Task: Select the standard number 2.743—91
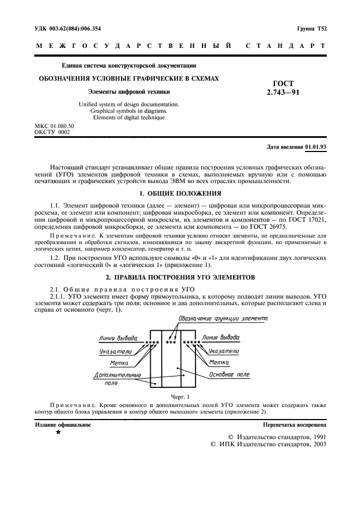pyautogui.click(x=283, y=93)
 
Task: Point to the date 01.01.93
pyautogui.click(x=316, y=147)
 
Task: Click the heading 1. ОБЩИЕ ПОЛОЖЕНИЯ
pyautogui.click(x=180, y=193)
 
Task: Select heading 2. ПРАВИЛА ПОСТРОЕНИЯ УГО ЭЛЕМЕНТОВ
pyautogui.click(x=180, y=277)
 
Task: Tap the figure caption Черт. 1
pyautogui.click(x=180, y=396)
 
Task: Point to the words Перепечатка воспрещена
pyautogui.click(x=294, y=423)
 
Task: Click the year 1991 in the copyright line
pyautogui.click(x=315, y=437)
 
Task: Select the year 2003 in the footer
pyautogui.click(x=315, y=445)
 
